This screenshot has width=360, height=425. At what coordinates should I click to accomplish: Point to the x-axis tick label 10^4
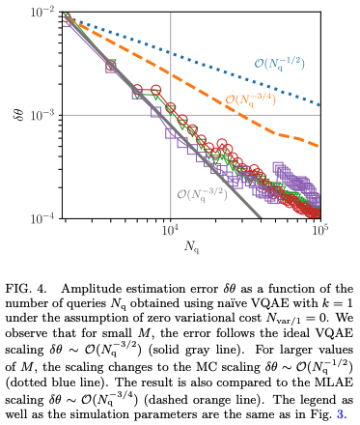(169, 231)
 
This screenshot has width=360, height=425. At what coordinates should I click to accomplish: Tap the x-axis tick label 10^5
(318, 231)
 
